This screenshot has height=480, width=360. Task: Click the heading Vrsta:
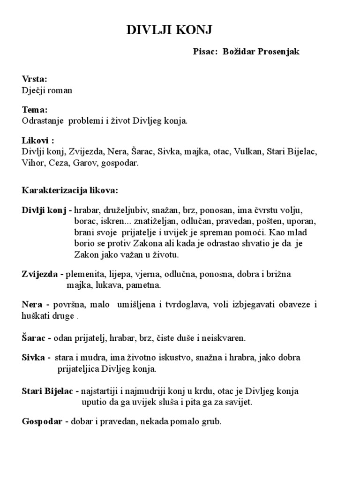35,79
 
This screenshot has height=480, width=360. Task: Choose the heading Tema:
35,110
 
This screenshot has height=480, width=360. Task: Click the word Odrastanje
43,121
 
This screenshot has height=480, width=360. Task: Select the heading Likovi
36,141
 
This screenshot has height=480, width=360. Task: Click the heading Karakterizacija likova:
70,191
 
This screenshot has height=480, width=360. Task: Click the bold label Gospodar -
45,421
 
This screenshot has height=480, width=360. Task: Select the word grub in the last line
212,421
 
